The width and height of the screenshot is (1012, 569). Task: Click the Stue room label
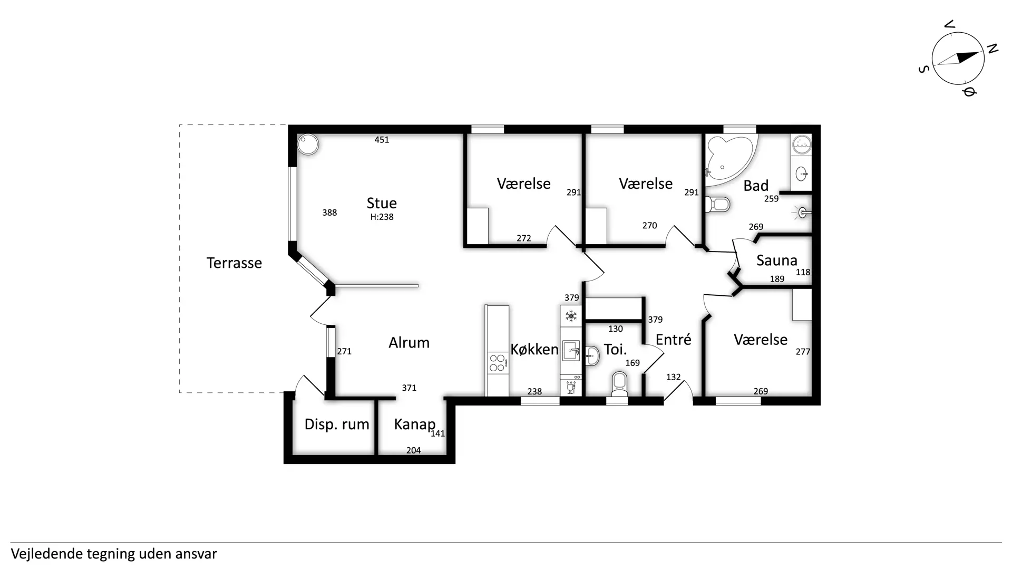382,203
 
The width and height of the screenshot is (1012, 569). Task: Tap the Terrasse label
234,263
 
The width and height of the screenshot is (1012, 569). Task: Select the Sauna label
776,260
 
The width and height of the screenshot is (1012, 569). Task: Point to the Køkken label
534,349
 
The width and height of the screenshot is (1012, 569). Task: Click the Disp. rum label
337,425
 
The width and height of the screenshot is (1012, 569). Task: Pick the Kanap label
415,425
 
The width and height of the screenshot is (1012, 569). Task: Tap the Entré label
673,339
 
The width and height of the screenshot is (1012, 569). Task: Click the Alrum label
409,343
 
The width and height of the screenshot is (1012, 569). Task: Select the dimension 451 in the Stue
382,140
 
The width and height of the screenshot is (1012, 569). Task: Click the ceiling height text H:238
382,217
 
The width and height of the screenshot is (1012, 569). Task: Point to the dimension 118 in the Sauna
803,272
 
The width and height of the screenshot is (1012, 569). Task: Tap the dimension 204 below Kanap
413,450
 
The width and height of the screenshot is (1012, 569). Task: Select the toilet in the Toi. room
619,384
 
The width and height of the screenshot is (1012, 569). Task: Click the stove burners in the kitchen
497,363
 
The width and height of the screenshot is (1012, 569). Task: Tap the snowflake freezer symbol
571,316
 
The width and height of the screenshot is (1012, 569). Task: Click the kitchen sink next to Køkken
571,351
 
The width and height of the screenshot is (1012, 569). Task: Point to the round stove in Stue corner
308,144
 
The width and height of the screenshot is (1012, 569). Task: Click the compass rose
958,58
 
